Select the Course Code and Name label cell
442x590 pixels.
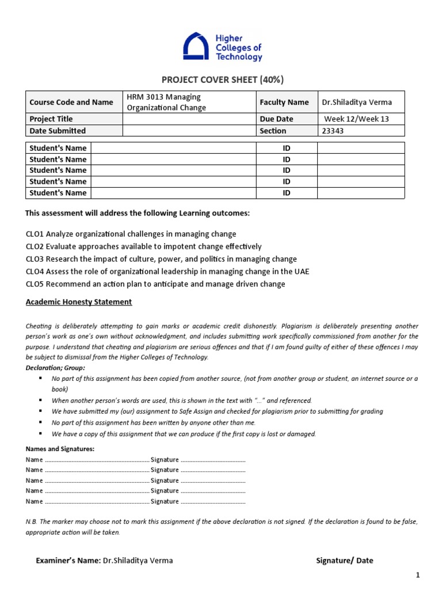click(x=71, y=102)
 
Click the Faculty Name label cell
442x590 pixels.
click(x=284, y=102)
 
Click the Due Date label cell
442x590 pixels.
click(x=276, y=119)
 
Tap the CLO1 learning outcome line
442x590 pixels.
click(x=131, y=234)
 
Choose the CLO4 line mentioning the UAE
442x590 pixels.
click(x=167, y=271)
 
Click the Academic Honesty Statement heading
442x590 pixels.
click(x=79, y=302)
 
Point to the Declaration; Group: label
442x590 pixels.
click(x=55, y=368)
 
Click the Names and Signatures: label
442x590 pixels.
click(x=60, y=449)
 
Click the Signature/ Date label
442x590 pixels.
click(x=345, y=561)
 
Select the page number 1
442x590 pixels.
click(x=418, y=575)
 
